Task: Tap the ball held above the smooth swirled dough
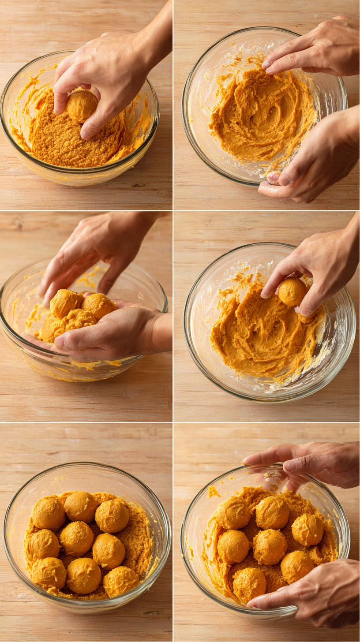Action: click(292, 291)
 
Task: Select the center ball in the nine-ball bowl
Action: click(76, 538)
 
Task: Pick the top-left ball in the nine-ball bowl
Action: click(48, 513)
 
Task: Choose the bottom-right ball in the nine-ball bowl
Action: click(120, 581)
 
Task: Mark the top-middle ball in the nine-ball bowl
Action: click(81, 507)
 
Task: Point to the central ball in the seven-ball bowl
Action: click(270, 546)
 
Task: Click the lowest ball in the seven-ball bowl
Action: click(249, 584)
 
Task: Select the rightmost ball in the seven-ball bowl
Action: click(307, 530)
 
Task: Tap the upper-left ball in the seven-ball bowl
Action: click(232, 513)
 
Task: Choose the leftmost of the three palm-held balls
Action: click(65, 303)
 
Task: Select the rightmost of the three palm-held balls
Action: click(98, 306)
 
